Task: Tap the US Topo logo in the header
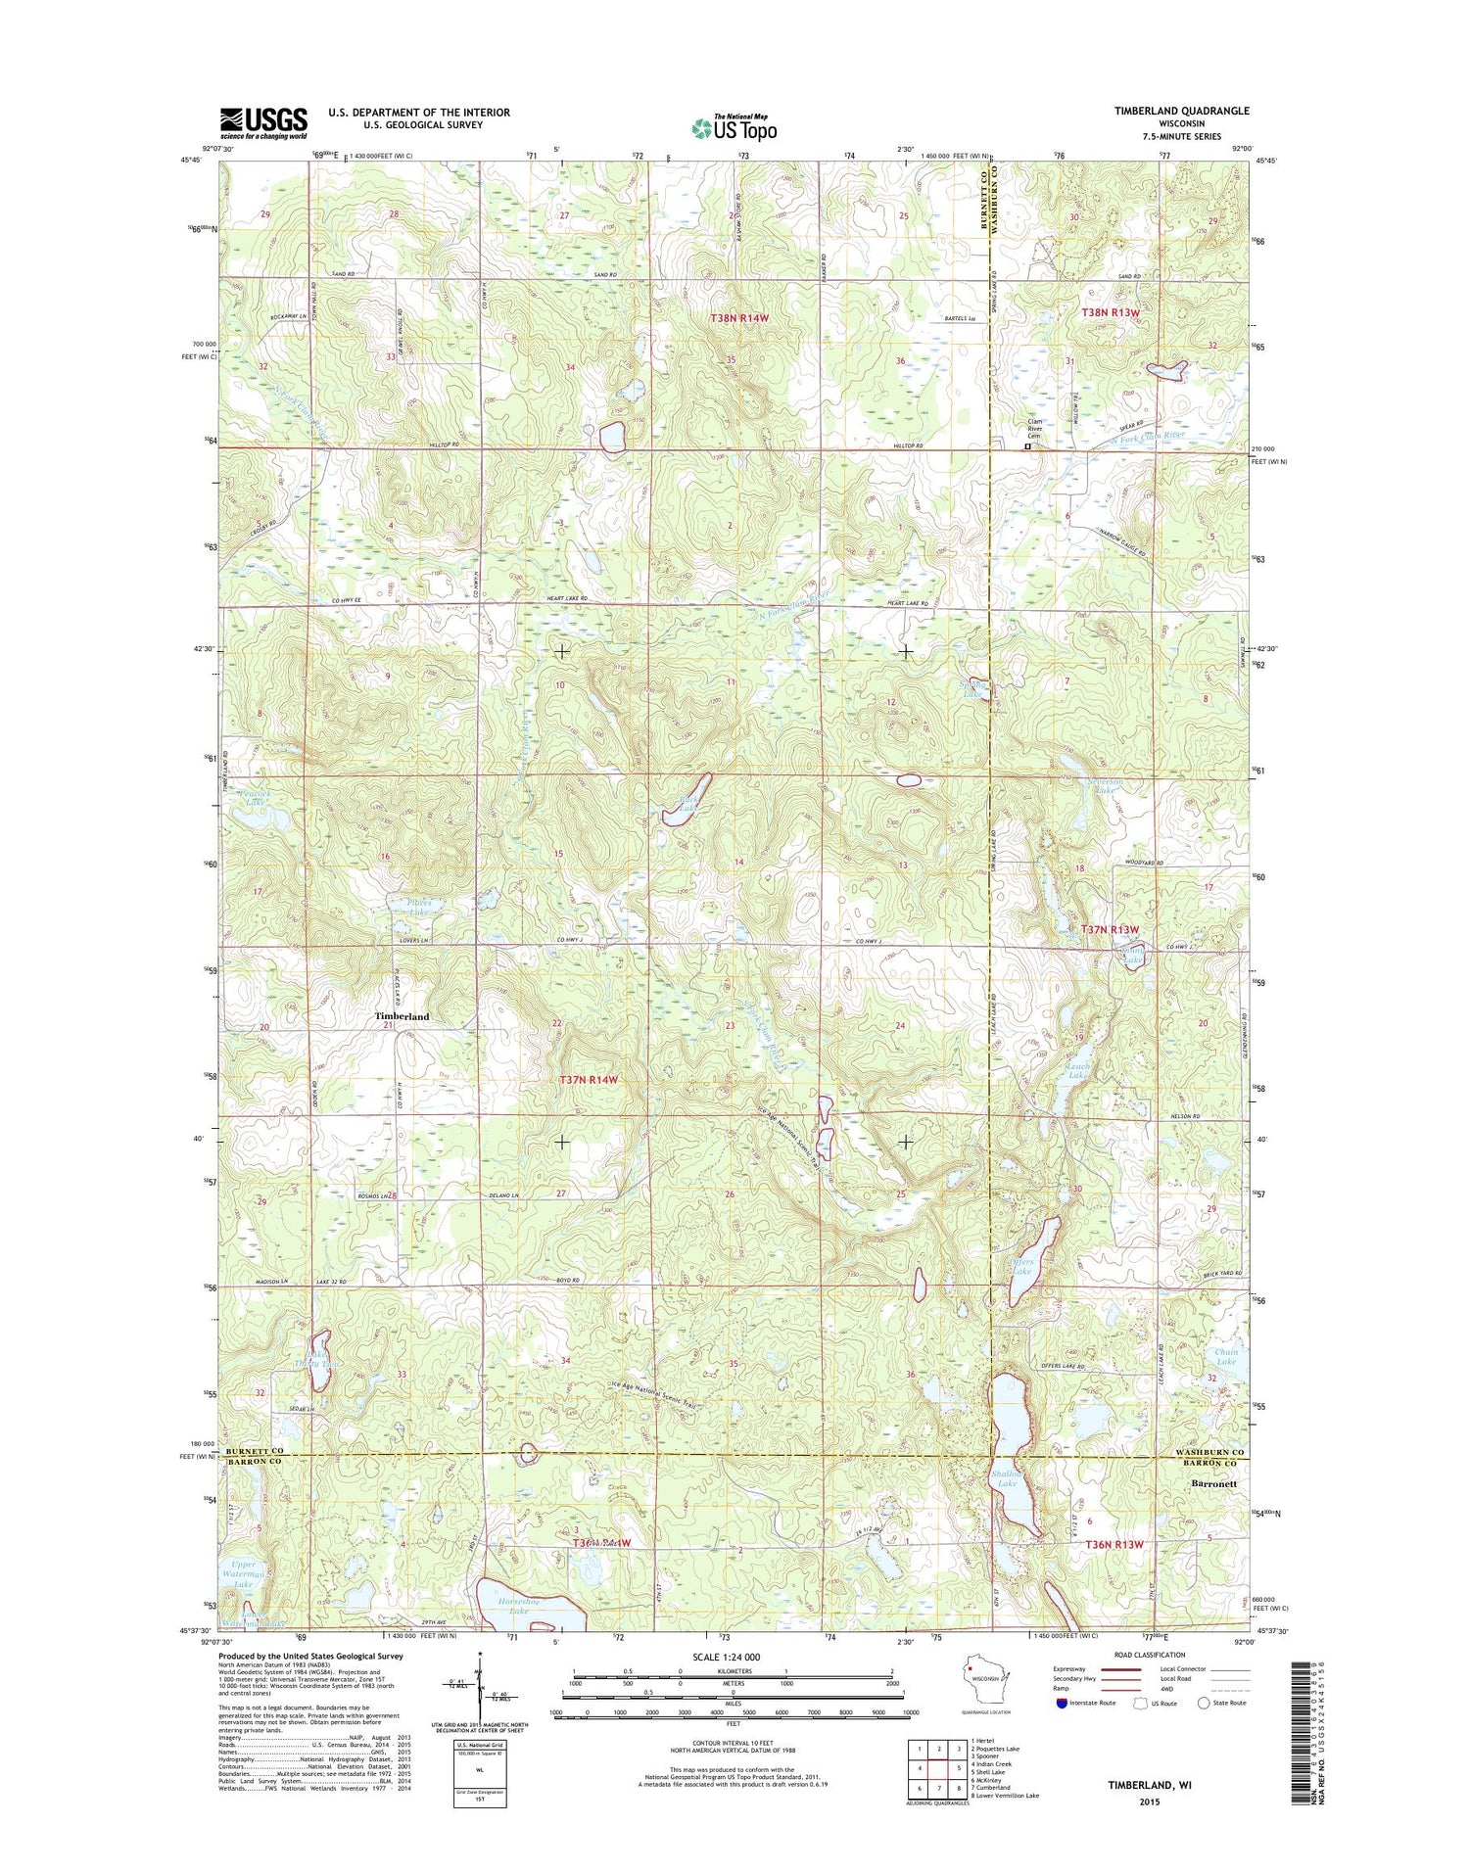click(x=734, y=126)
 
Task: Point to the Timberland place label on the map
click(x=402, y=1017)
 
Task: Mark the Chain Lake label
click(x=1226, y=1357)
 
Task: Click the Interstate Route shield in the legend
click(x=1064, y=1703)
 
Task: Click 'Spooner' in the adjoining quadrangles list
click(x=984, y=1756)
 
